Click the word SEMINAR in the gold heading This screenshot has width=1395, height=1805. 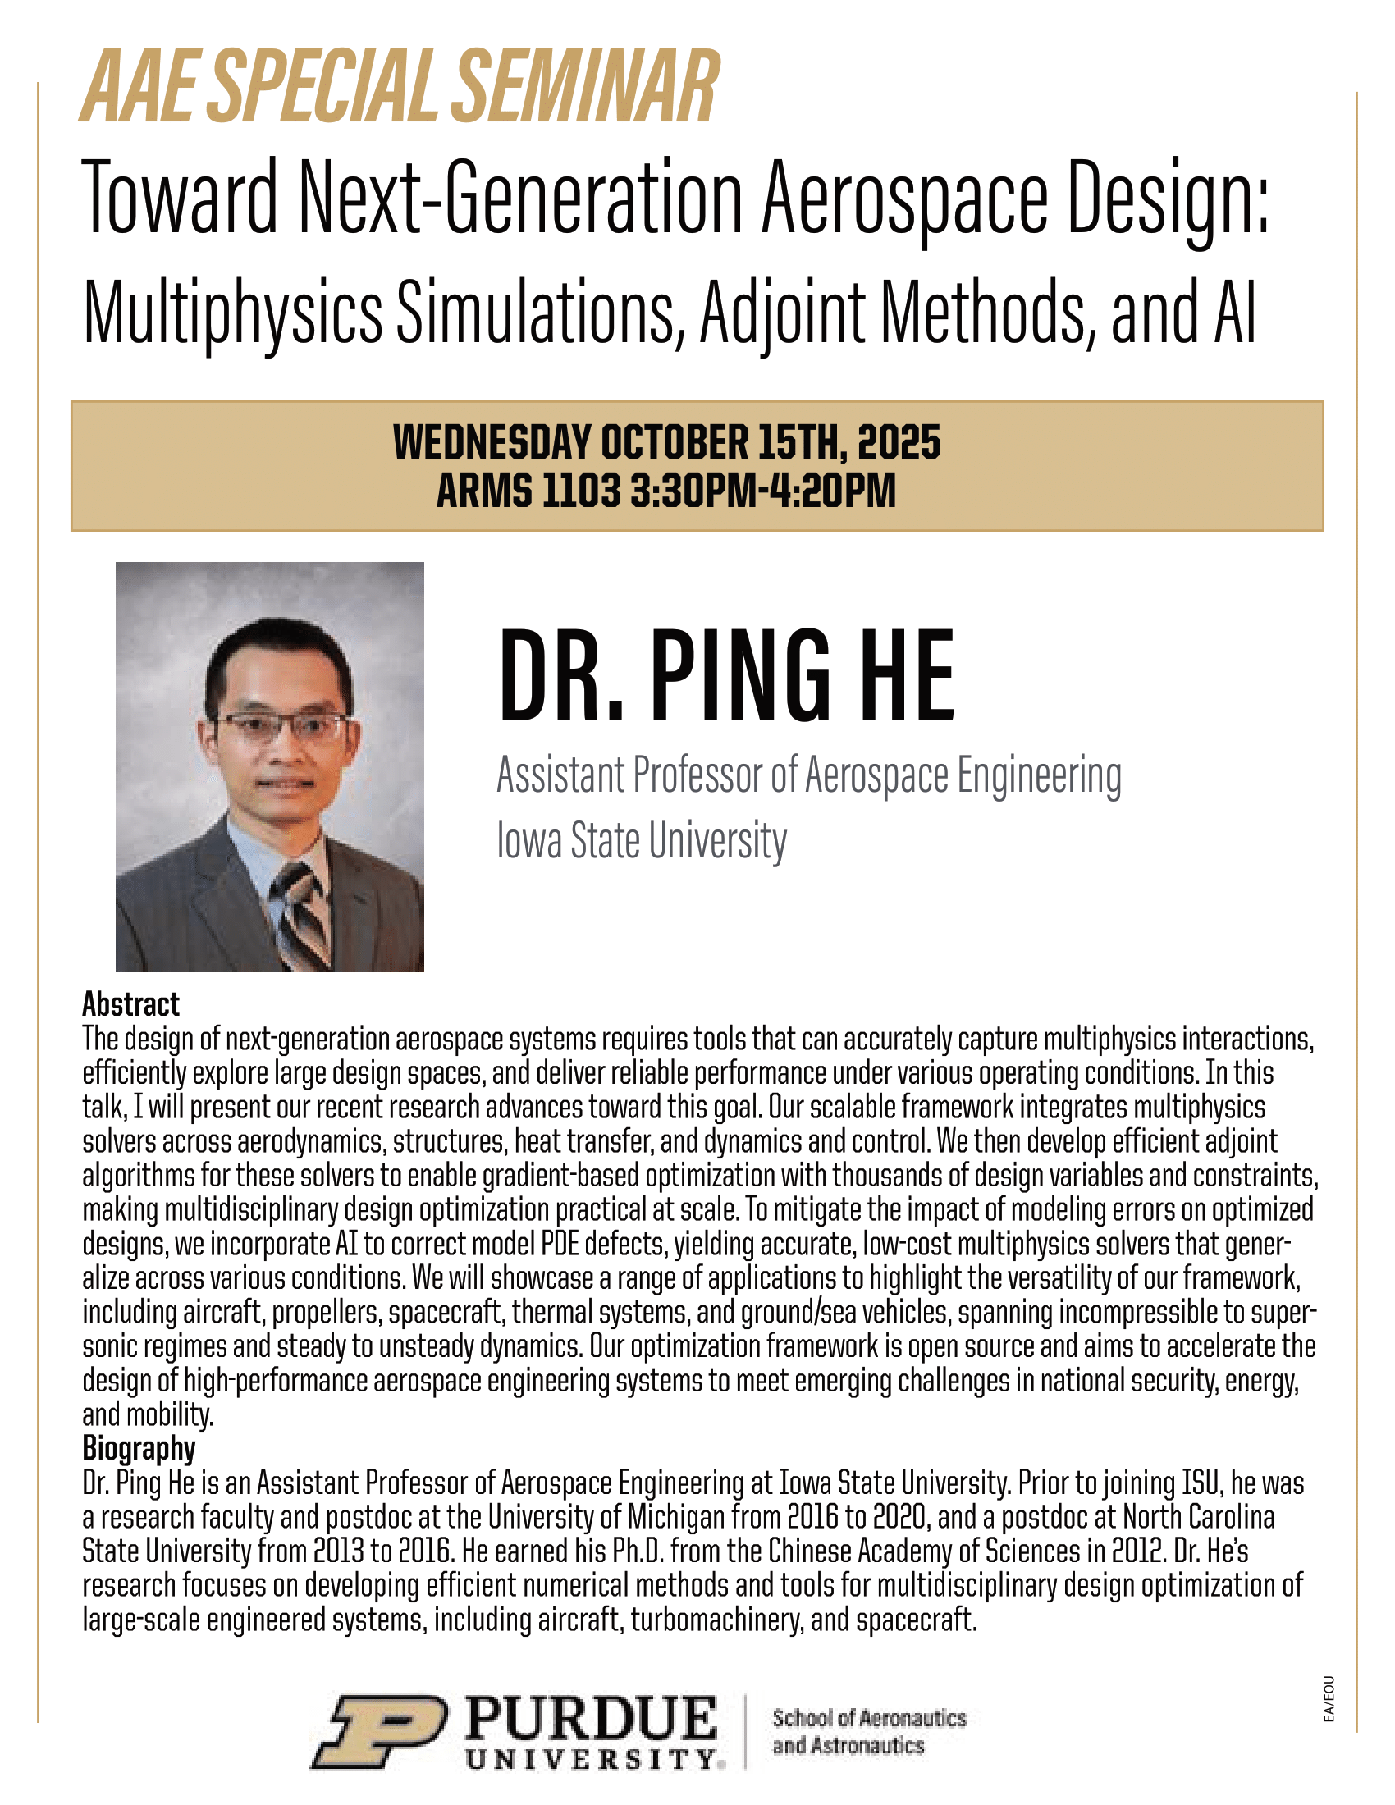[x=586, y=89]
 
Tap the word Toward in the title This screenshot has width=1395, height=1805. [x=181, y=199]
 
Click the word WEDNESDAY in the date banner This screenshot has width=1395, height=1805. [x=492, y=442]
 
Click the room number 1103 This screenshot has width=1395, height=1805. [x=581, y=491]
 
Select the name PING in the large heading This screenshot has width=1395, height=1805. [x=739, y=675]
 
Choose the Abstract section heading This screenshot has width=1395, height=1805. [x=130, y=1004]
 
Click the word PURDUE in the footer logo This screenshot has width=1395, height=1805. [x=591, y=1719]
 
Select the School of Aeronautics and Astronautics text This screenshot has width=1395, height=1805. [x=868, y=1731]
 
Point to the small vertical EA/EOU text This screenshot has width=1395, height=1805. [x=1329, y=1699]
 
